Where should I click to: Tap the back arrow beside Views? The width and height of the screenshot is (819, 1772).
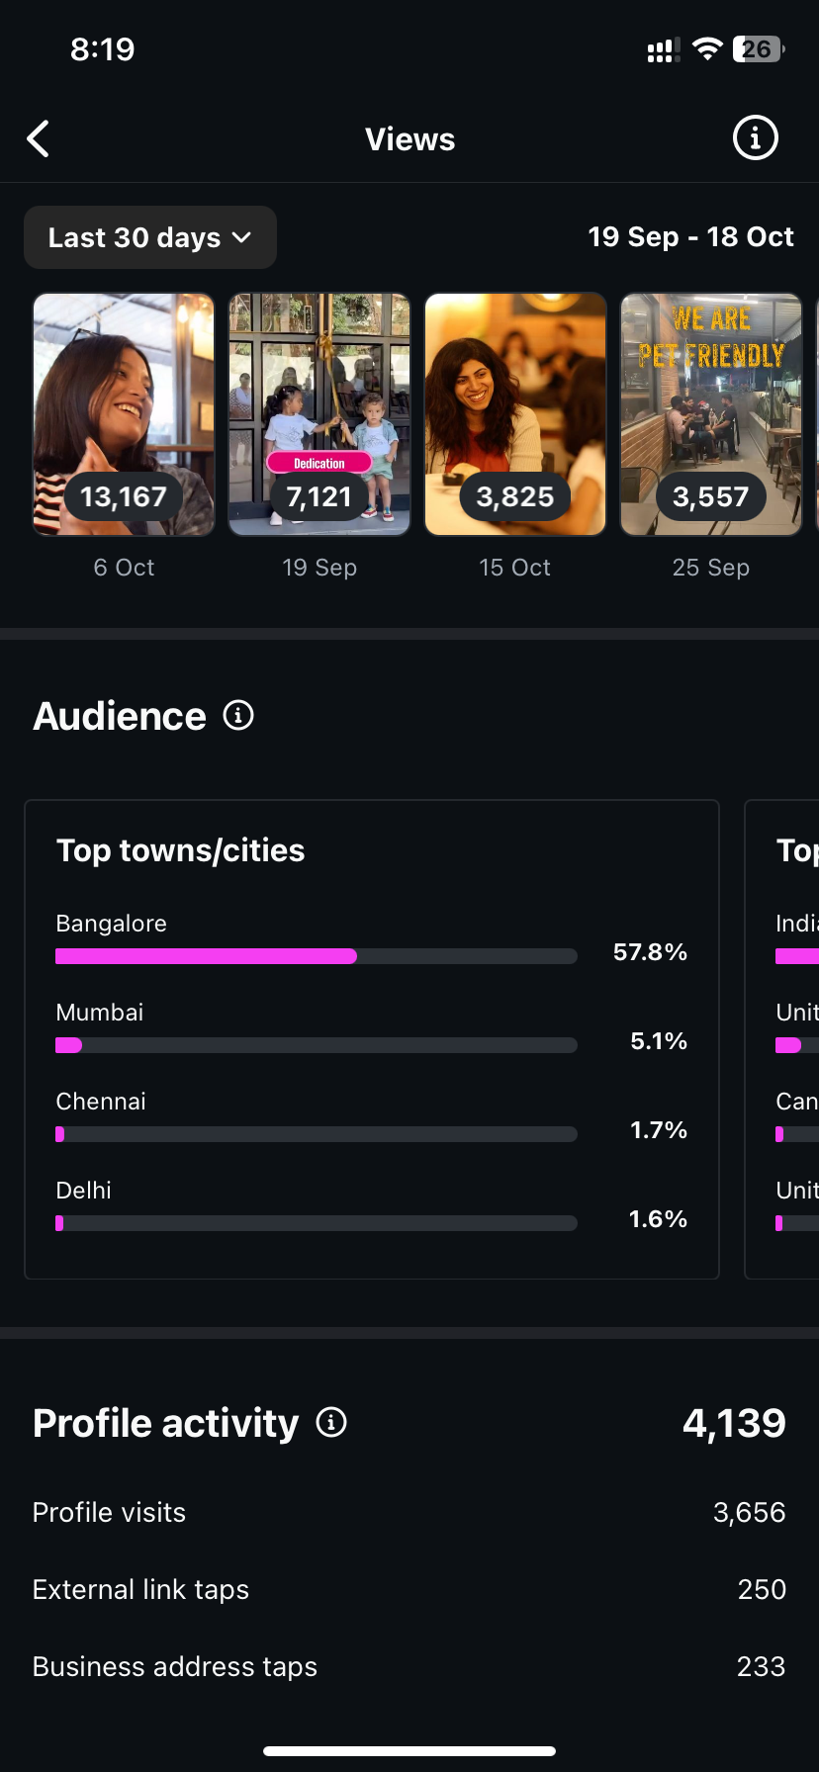(39, 139)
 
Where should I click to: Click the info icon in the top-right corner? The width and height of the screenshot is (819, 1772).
(755, 138)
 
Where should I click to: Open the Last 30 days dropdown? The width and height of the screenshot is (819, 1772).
(149, 237)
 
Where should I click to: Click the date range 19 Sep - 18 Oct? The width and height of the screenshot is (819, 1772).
(690, 237)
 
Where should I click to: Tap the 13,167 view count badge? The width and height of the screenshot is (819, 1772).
(124, 496)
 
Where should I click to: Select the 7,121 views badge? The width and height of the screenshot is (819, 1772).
(318, 496)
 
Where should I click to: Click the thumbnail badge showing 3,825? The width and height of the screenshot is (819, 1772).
(514, 496)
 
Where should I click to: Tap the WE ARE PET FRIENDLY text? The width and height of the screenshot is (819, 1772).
(711, 337)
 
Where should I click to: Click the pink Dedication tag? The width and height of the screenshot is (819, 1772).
(318, 463)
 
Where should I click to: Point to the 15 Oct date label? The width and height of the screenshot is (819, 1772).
(514, 568)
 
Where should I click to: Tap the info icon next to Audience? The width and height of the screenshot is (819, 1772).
(238, 715)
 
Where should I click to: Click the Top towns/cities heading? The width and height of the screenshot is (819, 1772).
(180, 850)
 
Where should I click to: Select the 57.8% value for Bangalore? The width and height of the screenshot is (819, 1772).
(650, 952)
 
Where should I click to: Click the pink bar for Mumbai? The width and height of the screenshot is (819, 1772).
(69, 1045)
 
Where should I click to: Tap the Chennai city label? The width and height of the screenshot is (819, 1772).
(101, 1102)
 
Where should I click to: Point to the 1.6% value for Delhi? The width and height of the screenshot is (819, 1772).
(658, 1219)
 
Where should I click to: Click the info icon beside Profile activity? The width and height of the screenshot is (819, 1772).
(331, 1423)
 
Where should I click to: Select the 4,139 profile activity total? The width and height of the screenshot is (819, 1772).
(734, 1423)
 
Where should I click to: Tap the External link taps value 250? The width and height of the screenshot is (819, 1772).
(762, 1589)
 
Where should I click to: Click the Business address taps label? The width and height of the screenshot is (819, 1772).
(175, 1666)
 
